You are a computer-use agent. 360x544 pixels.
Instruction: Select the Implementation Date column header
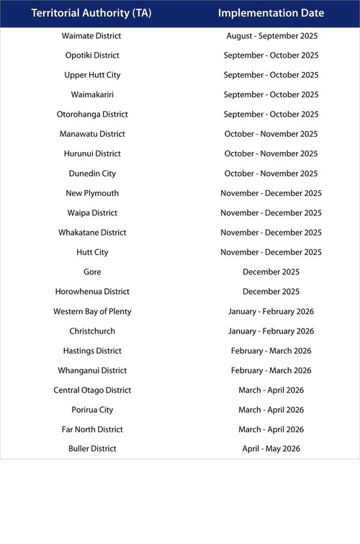click(271, 13)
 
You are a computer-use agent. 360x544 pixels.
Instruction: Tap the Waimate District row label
click(92, 35)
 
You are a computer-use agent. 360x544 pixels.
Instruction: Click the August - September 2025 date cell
click(271, 35)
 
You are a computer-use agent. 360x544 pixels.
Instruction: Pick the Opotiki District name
click(92, 55)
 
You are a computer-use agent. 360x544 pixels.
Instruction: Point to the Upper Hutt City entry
click(92, 75)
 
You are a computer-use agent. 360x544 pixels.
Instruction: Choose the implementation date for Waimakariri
click(271, 94)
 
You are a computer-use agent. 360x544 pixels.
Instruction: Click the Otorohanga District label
click(92, 115)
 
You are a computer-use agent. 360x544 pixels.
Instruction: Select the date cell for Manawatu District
click(271, 134)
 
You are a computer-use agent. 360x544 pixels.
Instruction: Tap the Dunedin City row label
click(92, 174)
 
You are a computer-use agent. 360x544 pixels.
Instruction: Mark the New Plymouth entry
click(92, 193)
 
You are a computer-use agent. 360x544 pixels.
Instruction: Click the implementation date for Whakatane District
click(271, 233)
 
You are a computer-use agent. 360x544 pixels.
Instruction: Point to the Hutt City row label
click(92, 252)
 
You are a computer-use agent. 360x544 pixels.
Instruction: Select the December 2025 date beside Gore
click(271, 272)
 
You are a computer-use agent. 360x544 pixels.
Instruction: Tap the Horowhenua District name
click(92, 292)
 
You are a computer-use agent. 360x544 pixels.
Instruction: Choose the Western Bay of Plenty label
click(92, 311)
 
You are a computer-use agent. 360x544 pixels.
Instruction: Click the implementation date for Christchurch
click(271, 331)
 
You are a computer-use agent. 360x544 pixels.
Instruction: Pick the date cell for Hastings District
click(271, 351)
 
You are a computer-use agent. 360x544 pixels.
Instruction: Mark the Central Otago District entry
click(92, 390)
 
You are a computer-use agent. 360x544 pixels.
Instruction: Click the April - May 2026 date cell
click(271, 449)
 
